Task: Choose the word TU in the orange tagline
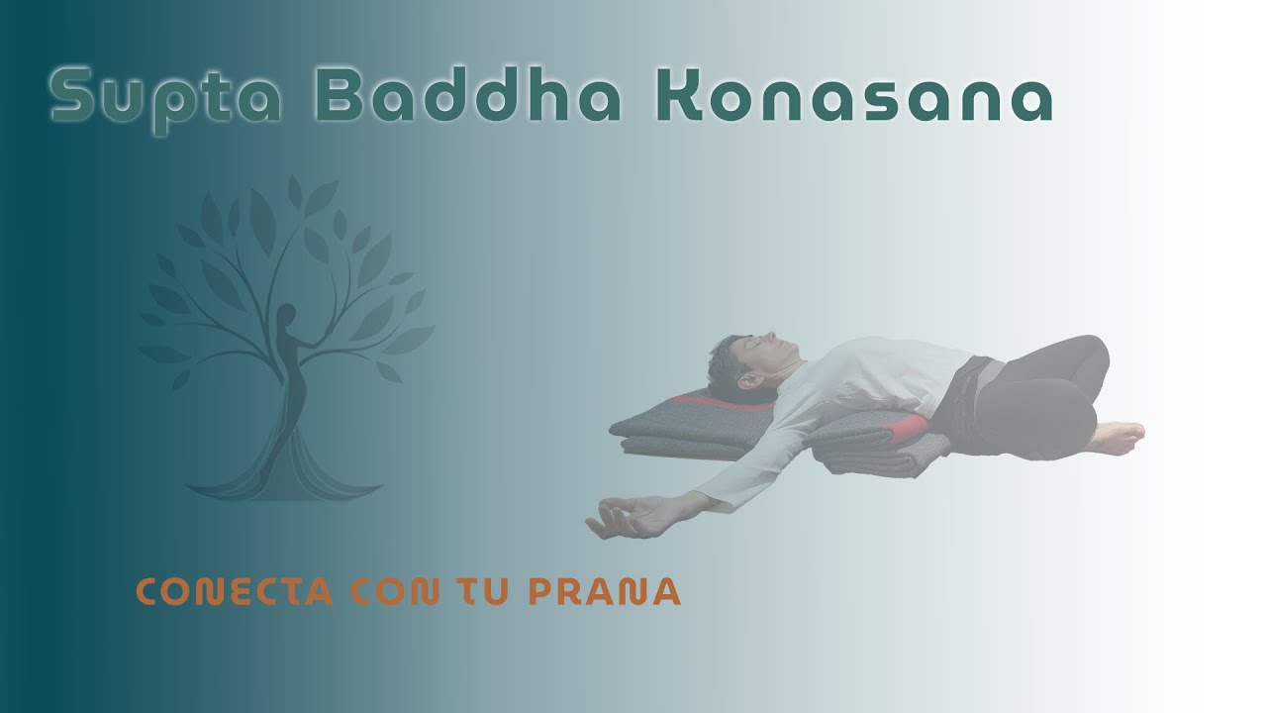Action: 482,591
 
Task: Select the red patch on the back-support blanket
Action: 911,428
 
